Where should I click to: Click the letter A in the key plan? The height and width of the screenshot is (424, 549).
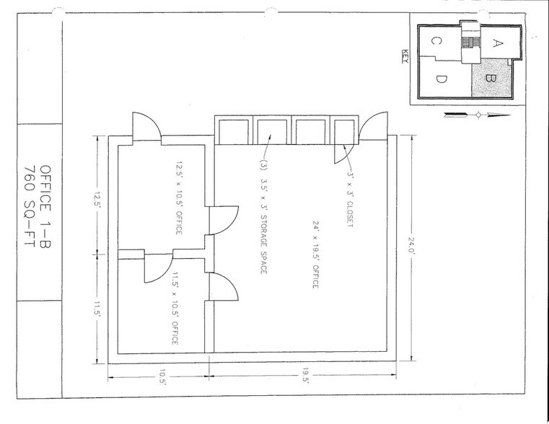(496, 42)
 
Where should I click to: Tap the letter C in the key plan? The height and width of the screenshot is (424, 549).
(436, 43)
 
